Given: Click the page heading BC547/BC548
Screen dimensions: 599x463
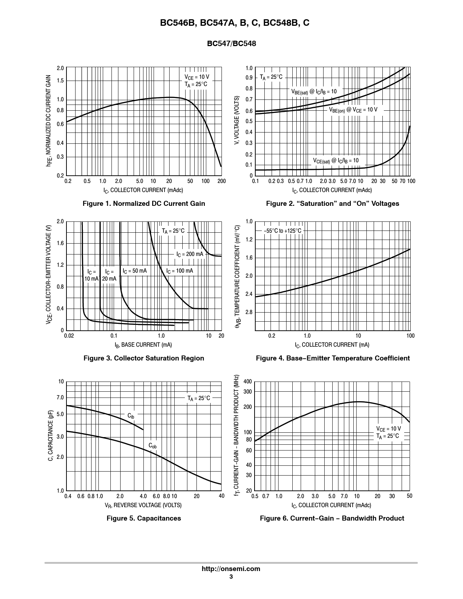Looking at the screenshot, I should pos(231,44).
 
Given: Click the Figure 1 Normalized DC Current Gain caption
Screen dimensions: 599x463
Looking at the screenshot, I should pos(144,204).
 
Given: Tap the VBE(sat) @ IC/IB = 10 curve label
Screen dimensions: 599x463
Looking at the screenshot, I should pos(314,91).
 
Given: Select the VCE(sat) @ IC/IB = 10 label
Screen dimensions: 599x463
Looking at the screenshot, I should pos(336,160).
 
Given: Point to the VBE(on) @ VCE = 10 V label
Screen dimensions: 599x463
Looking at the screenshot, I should pos(353,110).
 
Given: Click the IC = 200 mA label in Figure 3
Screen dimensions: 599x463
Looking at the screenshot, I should pos(190,254).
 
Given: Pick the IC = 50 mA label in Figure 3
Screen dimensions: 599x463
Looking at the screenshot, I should pos(134,271).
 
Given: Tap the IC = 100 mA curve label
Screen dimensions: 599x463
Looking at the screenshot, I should pos(179,271).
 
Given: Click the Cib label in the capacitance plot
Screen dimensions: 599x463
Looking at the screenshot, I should pos(131,416).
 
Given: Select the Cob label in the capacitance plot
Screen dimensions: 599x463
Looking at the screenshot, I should pos(153,445).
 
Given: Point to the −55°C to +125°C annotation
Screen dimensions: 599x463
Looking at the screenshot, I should pos(283,231).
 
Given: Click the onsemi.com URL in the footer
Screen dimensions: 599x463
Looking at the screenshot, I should pos(231,569).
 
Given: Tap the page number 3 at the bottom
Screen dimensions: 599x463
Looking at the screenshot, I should pos(231,576).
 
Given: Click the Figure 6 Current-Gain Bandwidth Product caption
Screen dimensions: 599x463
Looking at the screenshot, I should pos(332,518).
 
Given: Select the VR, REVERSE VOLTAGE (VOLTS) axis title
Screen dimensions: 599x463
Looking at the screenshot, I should pos(143,505).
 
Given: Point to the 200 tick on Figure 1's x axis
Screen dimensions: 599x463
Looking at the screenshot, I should pos(221,181).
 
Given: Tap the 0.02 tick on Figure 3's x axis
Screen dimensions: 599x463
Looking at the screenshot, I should pos(69,336).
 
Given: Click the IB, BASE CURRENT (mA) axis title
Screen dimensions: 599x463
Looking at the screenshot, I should pos(143,345).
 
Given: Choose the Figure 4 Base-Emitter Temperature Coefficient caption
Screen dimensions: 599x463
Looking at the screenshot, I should pos(333,358).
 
